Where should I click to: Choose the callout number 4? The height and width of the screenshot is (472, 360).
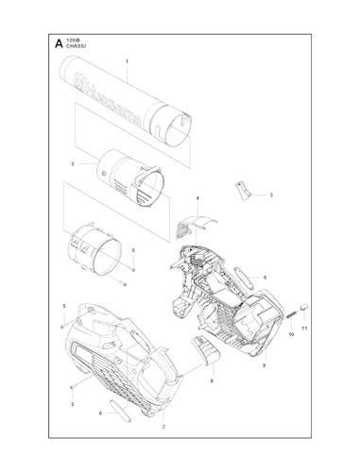click(197, 198)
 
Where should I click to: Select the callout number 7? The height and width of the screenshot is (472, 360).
click(163, 427)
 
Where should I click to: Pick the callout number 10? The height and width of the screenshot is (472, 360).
click(290, 334)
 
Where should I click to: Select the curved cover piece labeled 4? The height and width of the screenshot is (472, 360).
click(195, 225)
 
